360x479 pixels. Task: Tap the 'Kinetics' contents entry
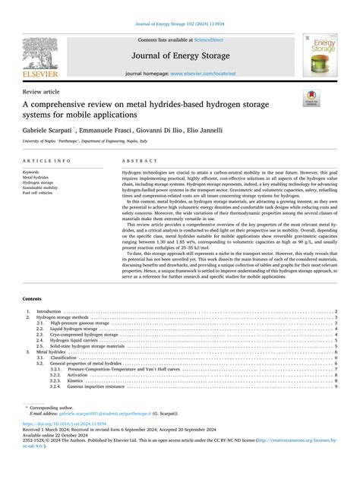77,380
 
